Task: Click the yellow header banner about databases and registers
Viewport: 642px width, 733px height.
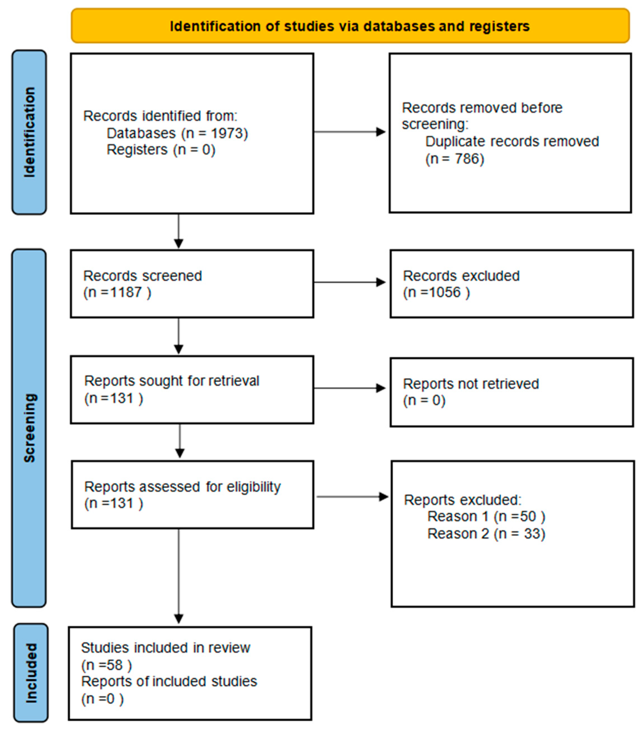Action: (350, 26)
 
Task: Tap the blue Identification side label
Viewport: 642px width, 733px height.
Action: (29, 132)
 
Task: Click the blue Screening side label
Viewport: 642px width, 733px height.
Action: (29, 428)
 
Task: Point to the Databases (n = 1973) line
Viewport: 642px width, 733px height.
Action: (177, 133)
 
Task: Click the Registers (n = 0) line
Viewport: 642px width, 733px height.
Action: (161, 150)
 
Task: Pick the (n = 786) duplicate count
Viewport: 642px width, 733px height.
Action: (455, 159)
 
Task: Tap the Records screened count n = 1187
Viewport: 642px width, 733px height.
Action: (117, 292)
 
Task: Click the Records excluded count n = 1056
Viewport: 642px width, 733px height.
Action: (436, 292)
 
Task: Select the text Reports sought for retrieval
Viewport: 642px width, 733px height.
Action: (171, 381)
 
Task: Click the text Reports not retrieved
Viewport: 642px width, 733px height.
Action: (471, 384)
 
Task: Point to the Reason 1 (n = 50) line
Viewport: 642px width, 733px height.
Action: (486, 517)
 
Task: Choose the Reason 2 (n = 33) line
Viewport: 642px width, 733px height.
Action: (486, 534)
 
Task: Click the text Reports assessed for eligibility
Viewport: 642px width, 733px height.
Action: (182, 487)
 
